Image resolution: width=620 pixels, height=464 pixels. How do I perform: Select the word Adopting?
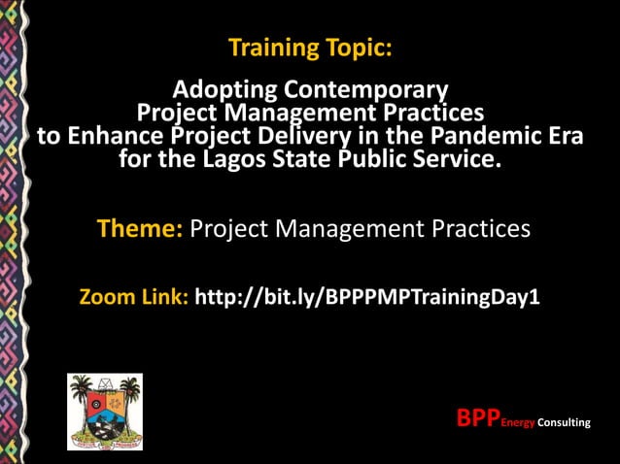coord(225,91)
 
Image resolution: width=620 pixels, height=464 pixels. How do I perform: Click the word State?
coord(301,158)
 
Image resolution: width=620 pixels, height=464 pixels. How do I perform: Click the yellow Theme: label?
coord(140,230)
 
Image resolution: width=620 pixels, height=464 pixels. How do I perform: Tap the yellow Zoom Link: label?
coord(133,296)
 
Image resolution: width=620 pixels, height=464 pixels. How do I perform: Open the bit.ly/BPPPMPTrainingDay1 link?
coord(366,296)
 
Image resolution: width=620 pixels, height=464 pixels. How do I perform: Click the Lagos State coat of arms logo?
coord(104,412)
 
